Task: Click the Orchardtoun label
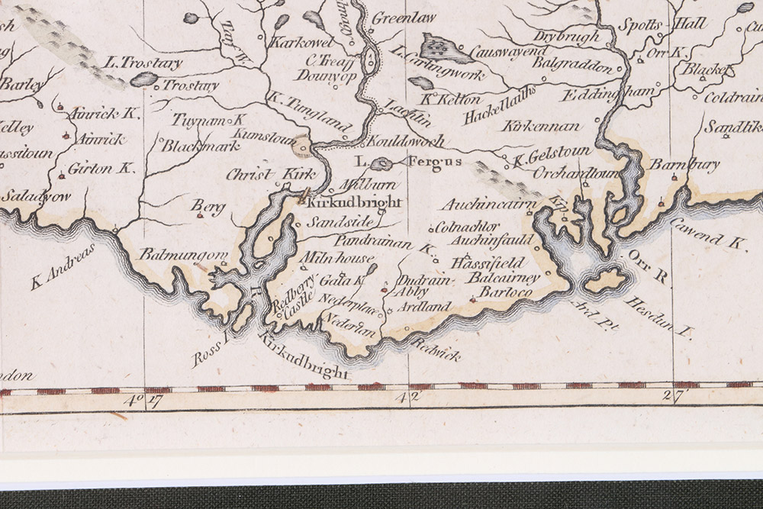pos(542,174)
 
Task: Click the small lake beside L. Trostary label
pos(143,79)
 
